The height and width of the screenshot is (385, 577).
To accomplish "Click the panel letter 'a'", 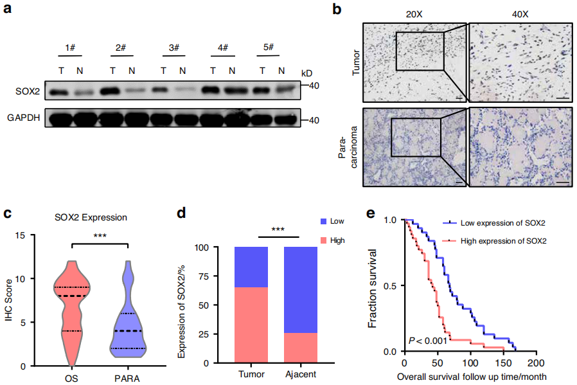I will tap(9, 10).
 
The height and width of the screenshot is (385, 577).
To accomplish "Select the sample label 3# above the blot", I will tap(172, 49).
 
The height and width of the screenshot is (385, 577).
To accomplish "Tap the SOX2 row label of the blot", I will tap(29, 92).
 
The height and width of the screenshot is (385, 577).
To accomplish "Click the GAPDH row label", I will tap(25, 119).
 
